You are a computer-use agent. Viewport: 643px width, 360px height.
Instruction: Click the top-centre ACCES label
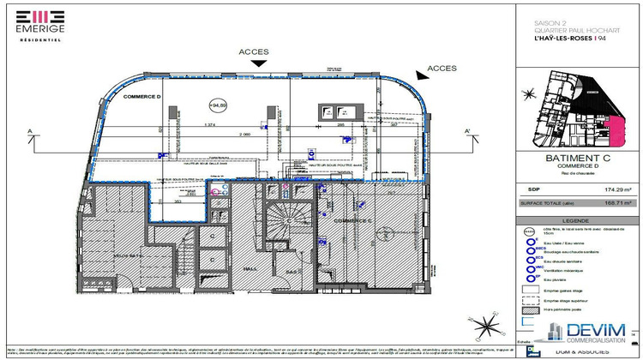[255, 51]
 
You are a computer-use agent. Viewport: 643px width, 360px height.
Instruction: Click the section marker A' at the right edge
[469, 130]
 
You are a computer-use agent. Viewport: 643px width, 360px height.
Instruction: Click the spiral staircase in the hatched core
[283, 226]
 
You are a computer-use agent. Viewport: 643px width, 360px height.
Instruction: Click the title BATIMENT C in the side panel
[576, 159]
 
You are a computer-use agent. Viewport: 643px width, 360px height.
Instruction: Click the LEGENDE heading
[576, 220]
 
